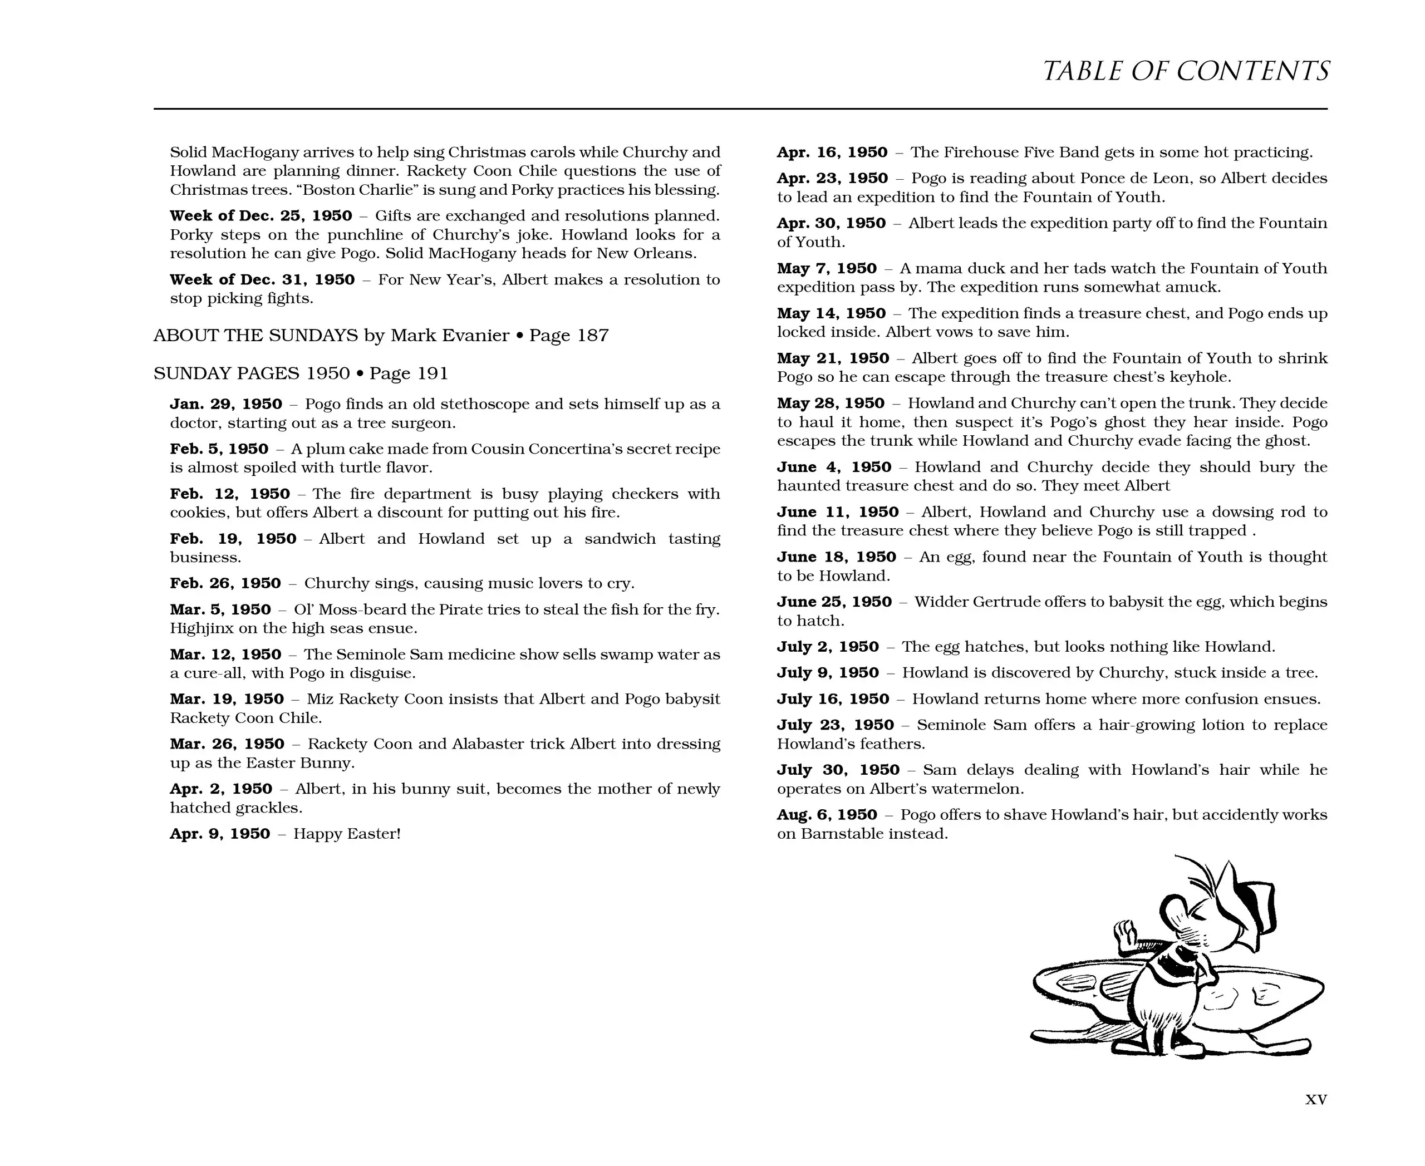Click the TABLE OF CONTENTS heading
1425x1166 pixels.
pyautogui.click(x=1185, y=71)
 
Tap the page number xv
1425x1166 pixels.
pyautogui.click(x=1315, y=1100)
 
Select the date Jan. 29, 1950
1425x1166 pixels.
pyautogui.click(x=226, y=404)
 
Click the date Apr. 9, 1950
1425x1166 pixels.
pyautogui.click(x=220, y=834)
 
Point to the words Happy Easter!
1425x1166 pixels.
pyautogui.click(x=347, y=834)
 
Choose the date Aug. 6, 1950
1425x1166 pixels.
pyautogui.click(x=827, y=815)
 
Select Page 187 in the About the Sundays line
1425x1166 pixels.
pyautogui.click(x=568, y=335)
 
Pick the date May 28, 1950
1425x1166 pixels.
pyautogui.click(x=831, y=404)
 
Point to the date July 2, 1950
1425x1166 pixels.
pyautogui.click(x=828, y=647)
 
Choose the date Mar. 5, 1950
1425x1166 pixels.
pyautogui.click(x=220, y=610)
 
